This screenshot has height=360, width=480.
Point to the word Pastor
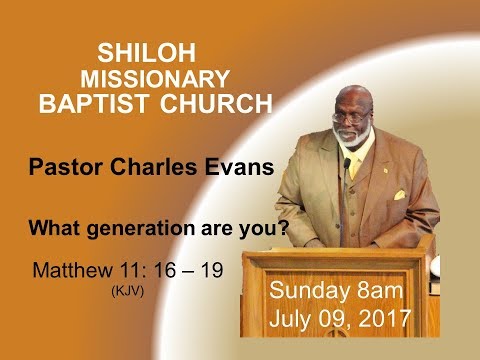[x=72, y=167]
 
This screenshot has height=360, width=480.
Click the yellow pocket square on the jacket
[x=397, y=195]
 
